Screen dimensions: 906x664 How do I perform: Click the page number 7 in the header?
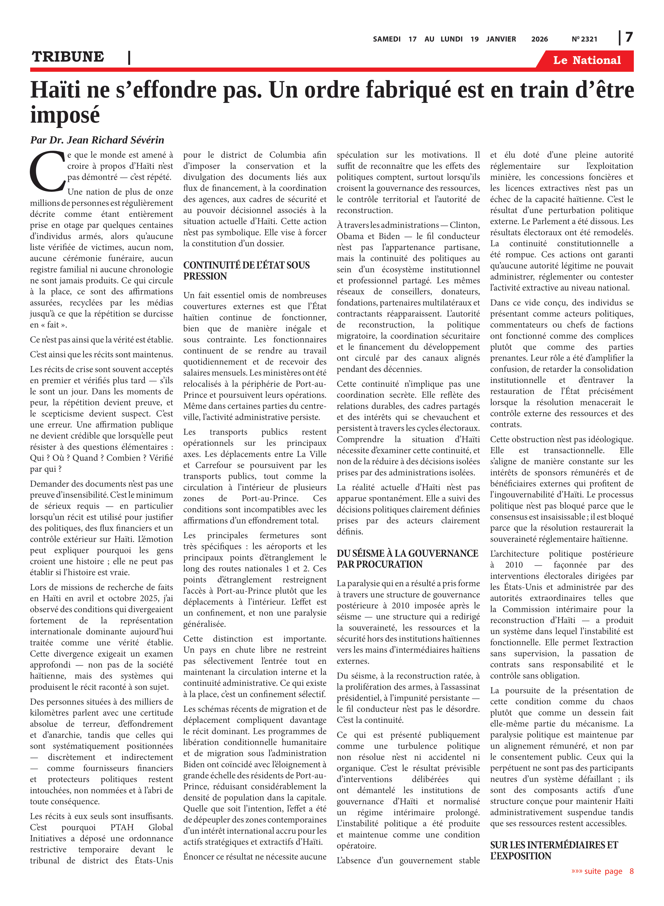tap(629, 37)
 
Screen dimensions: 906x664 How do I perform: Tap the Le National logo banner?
tap(586, 60)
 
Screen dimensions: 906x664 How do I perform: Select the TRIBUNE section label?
tap(68, 57)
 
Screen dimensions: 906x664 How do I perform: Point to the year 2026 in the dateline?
tap(539, 39)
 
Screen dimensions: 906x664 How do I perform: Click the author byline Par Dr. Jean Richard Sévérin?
tap(97, 140)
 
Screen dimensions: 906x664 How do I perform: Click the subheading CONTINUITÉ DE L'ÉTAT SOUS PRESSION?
tap(246, 271)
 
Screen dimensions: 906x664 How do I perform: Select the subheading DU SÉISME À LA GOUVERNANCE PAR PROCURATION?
tap(407, 559)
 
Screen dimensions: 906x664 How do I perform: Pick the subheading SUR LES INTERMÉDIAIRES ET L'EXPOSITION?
tap(554, 850)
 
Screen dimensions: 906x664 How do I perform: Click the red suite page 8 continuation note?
tap(602, 871)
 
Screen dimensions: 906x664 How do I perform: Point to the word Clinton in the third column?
tap(464, 225)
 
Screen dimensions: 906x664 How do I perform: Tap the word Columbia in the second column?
tap(287, 155)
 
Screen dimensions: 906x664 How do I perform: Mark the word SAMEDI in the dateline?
tap(386, 39)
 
